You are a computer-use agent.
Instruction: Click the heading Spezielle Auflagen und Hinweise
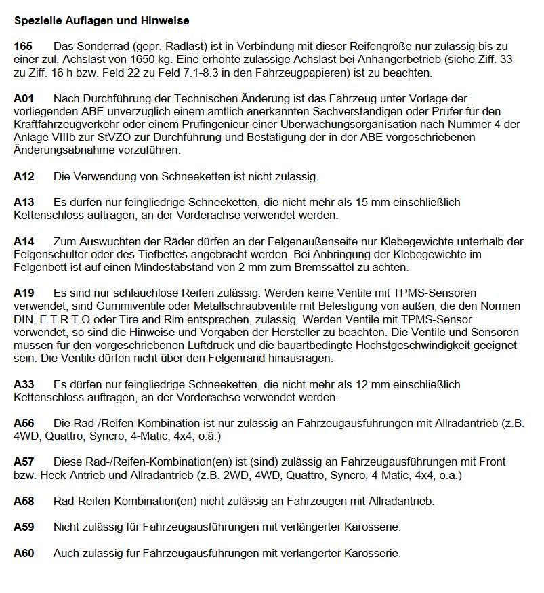(x=101, y=21)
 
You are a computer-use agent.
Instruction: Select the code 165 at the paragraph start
(x=23, y=46)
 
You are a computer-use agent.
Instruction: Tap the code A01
(x=24, y=99)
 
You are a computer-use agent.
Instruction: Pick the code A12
(x=24, y=177)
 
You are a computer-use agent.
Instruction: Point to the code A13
(x=24, y=203)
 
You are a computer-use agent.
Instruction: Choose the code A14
(x=24, y=242)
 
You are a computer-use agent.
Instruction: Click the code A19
(x=24, y=293)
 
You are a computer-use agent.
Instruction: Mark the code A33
(x=24, y=384)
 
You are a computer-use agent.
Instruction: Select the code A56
(x=24, y=424)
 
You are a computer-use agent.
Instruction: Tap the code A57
(x=24, y=462)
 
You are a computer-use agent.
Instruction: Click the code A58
(x=24, y=502)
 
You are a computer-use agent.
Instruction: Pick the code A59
(x=24, y=527)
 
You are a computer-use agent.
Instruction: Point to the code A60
(x=24, y=553)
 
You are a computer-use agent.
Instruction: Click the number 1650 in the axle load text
(x=137, y=60)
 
